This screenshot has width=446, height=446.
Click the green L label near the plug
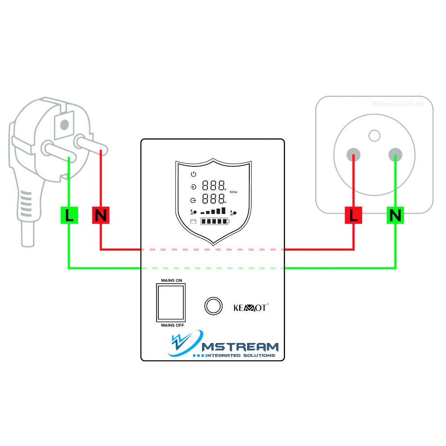[x=69, y=216]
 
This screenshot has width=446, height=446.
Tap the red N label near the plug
[x=101, y=216]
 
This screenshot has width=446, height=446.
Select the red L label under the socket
[x=353, y=216]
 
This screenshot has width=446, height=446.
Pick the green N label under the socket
[x=395, y=216]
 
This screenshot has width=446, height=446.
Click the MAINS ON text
[x=172, y=280]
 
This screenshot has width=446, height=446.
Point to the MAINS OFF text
[x=172, y=326]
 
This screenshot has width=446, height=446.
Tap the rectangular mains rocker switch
[x=170, y=303]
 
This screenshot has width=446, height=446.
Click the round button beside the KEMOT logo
[x=213, y=306]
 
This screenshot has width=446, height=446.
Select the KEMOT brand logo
[x=250, y=308]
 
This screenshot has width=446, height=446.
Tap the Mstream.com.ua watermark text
[x=397, y=103]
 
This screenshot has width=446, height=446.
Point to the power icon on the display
[x=193, y=174]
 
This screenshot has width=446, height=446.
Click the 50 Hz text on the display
[x=233, y=192]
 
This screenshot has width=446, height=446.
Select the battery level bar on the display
[x=214, y=222]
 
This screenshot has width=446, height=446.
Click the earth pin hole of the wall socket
[x=375, y=135]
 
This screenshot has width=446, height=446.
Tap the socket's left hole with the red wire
[x=353, y=154]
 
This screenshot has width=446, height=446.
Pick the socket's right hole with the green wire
[x=395, y=154]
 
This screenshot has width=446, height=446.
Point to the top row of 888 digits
[x=213, y=186]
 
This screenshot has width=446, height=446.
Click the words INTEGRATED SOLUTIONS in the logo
[x=240, y=355]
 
